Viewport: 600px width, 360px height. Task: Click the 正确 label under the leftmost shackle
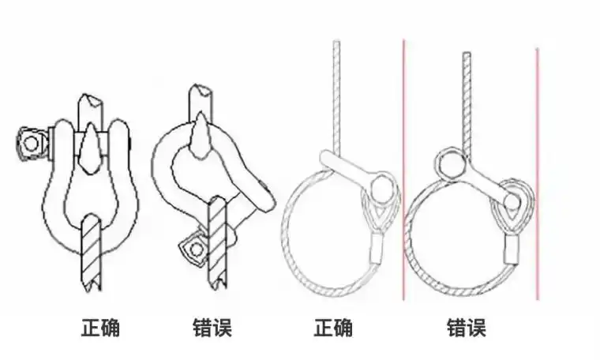coord(101,328)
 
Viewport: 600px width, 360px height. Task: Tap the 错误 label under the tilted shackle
coord(212,328)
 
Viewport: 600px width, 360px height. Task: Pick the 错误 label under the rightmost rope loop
coord(466,328)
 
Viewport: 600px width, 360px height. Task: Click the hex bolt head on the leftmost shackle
coord(31,142)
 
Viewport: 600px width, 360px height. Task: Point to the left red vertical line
coord(403,170)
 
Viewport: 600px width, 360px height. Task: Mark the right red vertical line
coord(538,174)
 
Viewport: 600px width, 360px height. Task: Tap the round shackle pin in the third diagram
coord(381,188)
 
